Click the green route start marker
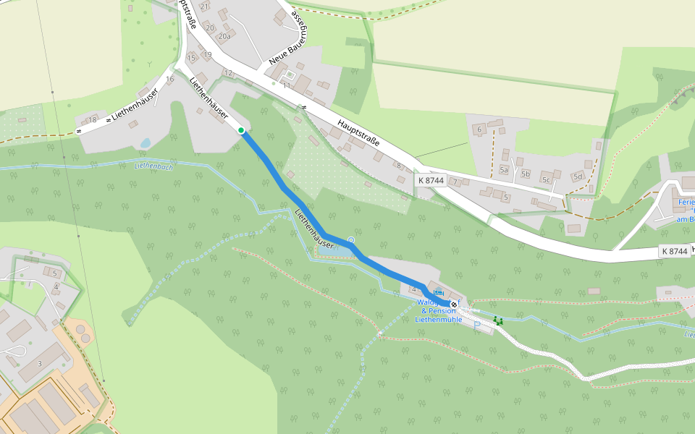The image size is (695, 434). click(x=241, y=130)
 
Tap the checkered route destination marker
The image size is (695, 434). click(x=454, y=305)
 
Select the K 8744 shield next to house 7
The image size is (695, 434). click(x=430, y=179)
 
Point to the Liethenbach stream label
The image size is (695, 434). click(x=153, y=167)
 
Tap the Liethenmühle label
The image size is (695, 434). click(x=438, y=319)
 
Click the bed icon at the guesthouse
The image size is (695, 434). click(x=438, y=292)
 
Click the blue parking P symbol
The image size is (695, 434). click(x=477, y=324)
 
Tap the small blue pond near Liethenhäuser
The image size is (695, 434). click(x=145, y=143)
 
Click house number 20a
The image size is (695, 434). click(x=224, y=36)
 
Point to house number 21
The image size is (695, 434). click(x=204, y=7)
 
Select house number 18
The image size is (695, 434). click(x=92, y=120)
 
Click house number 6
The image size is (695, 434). click(x=479, y=129)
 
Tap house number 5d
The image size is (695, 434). click(x=578, y=176)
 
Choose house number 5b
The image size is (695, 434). click(x=526, y=174)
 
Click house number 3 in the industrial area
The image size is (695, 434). click(x=40, y=363)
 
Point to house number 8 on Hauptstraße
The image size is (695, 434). click(x=398, y=166)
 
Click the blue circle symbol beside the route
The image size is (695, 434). click(x=351, y=239)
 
